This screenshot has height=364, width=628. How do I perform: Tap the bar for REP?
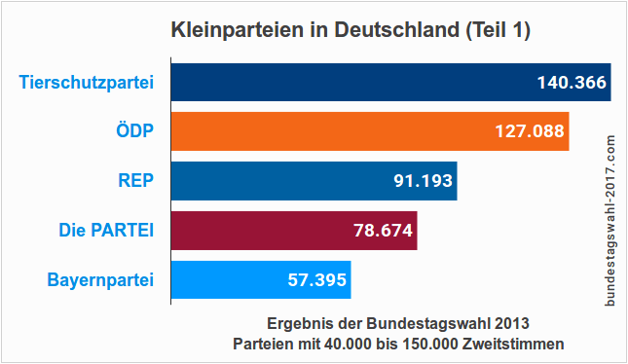click(273, 181)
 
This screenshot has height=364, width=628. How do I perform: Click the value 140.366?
click(572, 83)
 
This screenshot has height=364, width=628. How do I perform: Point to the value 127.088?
click(530, 131)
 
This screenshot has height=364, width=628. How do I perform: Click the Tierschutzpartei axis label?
click(87, 83)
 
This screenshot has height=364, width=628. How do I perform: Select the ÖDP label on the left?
click(134, 131)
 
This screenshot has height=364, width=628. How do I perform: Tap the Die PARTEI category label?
click(106, 231)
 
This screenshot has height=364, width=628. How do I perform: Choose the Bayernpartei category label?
click(100, 280)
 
